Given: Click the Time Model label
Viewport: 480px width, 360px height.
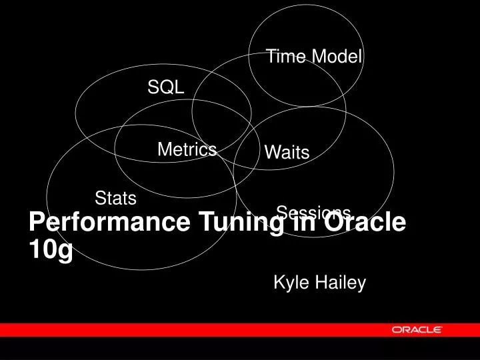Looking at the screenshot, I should click(x=313, y=57).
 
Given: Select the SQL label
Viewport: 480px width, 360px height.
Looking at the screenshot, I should click(x=165, y=87).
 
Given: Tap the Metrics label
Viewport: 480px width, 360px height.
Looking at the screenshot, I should click(x=187, y=150).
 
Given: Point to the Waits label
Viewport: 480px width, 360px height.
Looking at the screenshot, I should click(x=287, y=153).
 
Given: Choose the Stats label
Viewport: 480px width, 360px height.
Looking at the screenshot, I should click(x=115, y=198).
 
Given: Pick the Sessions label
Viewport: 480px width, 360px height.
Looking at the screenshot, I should click(x=313, y=212).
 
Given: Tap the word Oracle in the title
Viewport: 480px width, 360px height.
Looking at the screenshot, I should click(x=364, y=223).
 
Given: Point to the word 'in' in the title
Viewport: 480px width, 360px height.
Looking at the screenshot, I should click(x=293, y=223).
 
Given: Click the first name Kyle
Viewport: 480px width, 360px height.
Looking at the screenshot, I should click(x=289, y=283).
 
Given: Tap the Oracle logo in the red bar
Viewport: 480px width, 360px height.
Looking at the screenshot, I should click(x=417, y=329).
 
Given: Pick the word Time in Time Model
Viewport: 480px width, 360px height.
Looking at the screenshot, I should click(x=281, y=57).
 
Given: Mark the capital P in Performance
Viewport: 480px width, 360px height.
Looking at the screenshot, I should click(x=36, y=223).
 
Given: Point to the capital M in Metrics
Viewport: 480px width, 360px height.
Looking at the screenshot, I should click(x=164, y=150).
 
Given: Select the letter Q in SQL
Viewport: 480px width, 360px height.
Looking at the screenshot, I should click(x=165, y=87).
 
